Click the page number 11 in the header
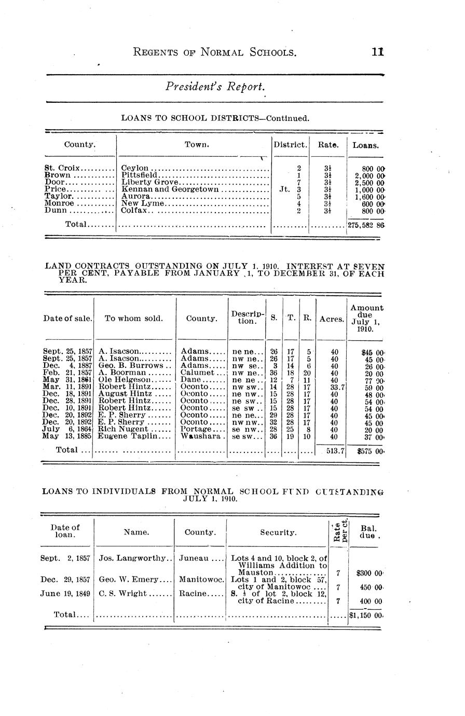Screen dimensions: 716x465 pyautogui.click(x=377, y=52)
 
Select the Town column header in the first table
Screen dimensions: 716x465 pyautogui.click(x=197, y=145)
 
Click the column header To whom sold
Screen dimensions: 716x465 pyautogui.click(x=133, y=319)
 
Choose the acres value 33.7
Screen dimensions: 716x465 pyautogui.click(x=334, y=387)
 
